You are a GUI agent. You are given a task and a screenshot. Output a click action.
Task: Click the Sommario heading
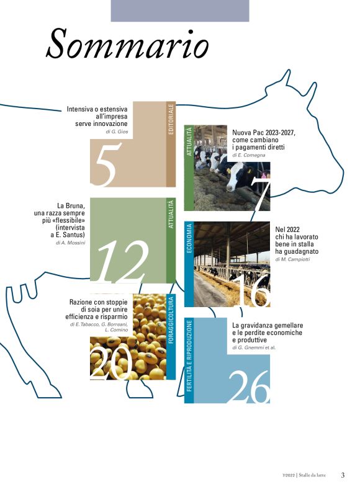127,43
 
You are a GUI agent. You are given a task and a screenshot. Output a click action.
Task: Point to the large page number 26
250,387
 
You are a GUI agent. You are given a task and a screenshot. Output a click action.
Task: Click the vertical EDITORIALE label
171,119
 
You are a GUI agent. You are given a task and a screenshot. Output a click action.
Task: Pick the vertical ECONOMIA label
189,238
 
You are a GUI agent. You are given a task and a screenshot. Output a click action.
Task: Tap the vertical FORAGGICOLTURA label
171,320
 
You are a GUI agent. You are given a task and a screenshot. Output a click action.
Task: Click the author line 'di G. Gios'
117,132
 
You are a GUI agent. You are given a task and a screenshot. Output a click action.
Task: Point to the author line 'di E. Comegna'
249,155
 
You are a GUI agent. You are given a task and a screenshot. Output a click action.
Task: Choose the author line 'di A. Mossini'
71,243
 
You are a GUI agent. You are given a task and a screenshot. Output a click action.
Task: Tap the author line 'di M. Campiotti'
292,259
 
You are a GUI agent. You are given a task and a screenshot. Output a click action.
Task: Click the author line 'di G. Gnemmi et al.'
254,347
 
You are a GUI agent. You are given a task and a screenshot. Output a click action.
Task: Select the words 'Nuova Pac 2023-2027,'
264,132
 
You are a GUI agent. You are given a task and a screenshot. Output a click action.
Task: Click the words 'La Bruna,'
71,206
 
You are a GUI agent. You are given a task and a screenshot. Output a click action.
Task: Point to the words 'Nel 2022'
287,230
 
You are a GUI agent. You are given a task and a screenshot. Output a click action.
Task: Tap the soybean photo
128,337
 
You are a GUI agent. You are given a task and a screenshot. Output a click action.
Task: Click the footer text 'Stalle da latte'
312,475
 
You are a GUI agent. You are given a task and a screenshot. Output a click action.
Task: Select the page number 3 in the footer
343,475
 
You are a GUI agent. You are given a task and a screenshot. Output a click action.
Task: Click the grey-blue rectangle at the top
180,11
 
